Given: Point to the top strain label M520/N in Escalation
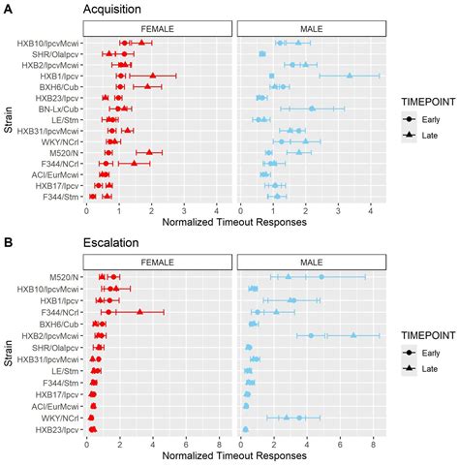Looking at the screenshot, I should (66, 277).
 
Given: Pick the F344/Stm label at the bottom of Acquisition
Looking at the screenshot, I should (58, 196).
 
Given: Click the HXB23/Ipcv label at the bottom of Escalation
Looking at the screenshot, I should (59, 429).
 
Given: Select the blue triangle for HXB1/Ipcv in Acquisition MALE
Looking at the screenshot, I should (350, 76).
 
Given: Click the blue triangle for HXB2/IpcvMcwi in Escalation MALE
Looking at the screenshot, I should (353, 335).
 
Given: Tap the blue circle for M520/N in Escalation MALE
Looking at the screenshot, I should (321, 277).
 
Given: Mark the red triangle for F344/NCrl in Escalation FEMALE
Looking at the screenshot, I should (140, 312).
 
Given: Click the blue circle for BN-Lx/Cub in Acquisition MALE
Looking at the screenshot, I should (312, 109).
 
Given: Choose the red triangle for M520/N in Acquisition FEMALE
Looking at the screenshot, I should (149, 152).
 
